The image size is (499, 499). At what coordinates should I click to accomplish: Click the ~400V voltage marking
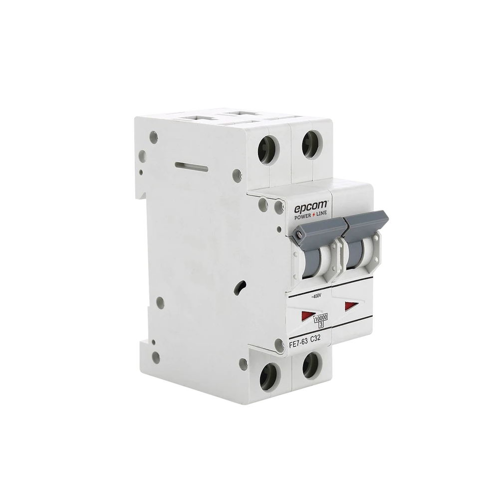pyautogui.click(x=316, y=297)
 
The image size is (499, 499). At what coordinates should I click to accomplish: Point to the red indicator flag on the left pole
pyautogui.click(x=304, y=315)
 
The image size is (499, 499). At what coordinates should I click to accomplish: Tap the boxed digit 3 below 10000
pyautogui.click(x=320, y=324)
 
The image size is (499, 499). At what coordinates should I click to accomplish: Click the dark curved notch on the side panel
pyautogui.click(x=240, y=288)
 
